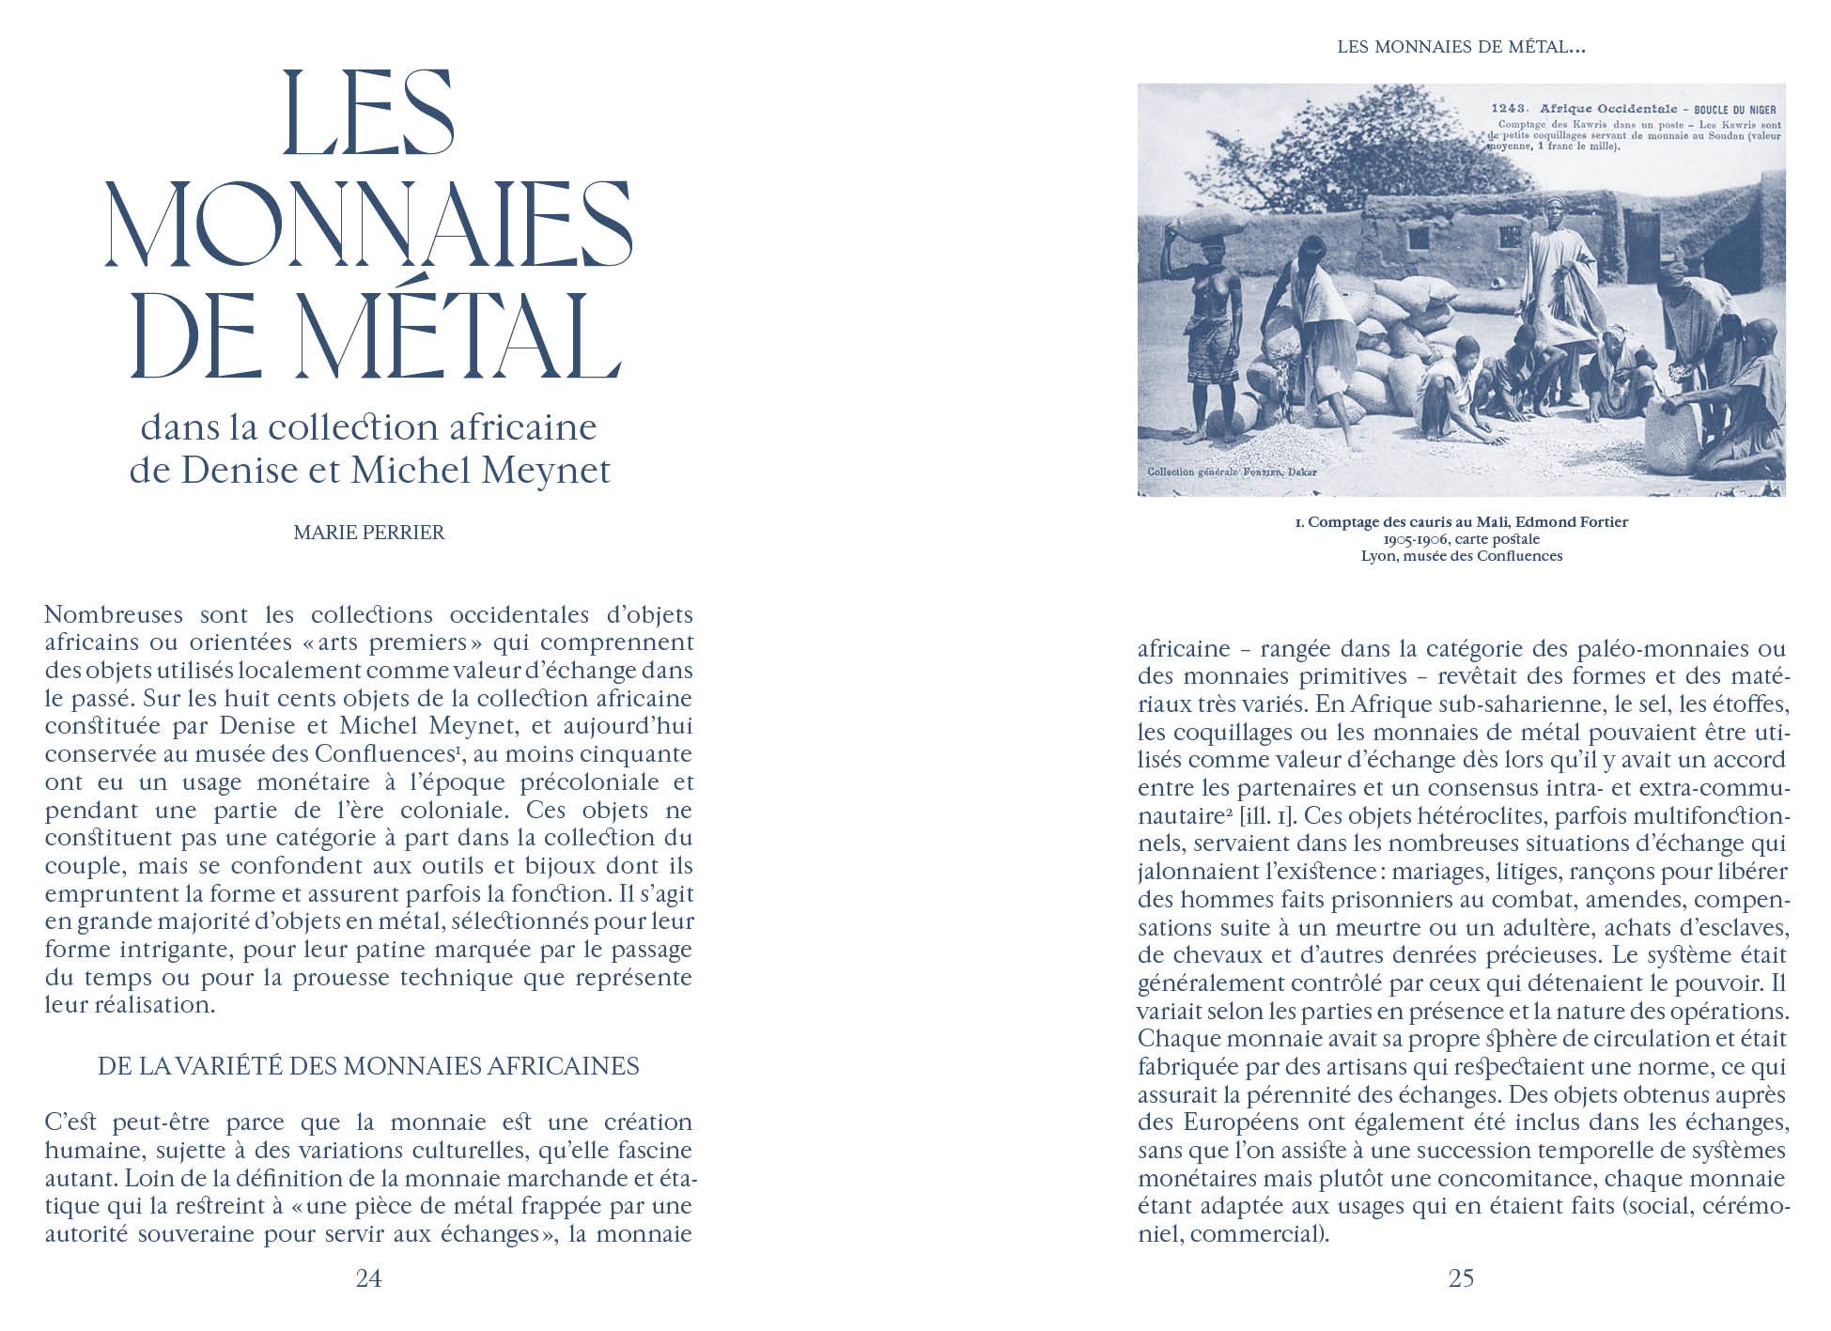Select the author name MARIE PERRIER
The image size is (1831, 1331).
click(368, 533)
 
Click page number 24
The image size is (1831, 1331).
click(368, 1278)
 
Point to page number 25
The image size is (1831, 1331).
click(1461, 1278)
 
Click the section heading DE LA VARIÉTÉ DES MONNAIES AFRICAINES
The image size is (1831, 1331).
click(368, 1066)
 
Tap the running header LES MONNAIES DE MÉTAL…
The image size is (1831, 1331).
click(1461, 46)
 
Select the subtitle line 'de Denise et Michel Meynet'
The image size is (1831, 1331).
click(369, 471)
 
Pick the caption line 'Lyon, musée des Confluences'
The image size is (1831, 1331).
click(1461, 556)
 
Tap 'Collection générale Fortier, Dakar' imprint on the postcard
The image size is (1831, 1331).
click(1231, 471)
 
